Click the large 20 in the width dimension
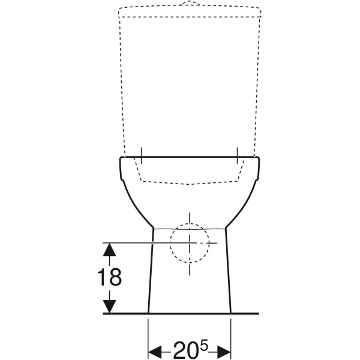185,350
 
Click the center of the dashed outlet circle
190,243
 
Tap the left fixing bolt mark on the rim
142,155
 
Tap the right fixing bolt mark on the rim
238,155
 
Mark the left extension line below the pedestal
148,336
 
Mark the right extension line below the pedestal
231,336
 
